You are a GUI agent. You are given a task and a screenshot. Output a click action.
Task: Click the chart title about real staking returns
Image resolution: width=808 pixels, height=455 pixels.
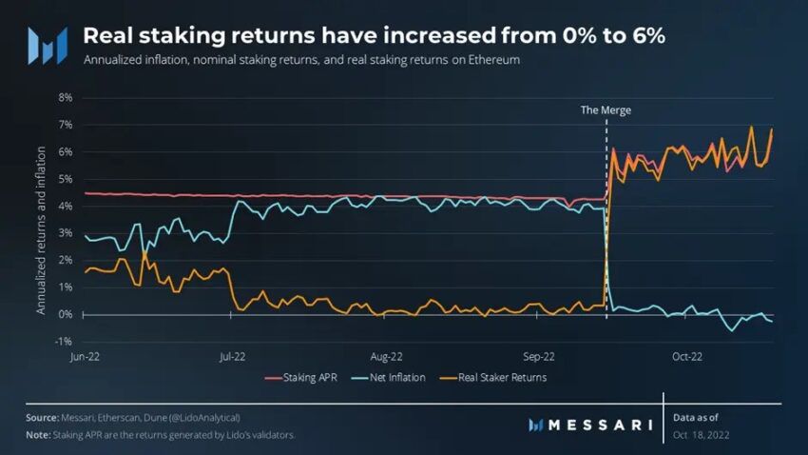(374, 35)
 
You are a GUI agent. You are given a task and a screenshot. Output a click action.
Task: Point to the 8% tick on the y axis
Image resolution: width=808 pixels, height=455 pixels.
(66, 97)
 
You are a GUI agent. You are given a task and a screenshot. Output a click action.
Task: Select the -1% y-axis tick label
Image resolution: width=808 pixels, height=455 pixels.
(65, 341)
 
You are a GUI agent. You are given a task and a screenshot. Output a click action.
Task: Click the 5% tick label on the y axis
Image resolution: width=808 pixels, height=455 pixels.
(66, 178)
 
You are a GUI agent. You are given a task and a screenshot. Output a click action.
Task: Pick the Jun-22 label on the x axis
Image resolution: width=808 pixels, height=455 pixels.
(85, 357)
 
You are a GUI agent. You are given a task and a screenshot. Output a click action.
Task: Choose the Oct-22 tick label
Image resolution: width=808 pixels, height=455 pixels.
(687, 357)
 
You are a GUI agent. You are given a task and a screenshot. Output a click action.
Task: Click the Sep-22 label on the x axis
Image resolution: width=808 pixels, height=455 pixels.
(538, 357)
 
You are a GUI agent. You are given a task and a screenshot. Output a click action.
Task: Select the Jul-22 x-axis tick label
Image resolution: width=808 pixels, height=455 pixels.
(233, 357)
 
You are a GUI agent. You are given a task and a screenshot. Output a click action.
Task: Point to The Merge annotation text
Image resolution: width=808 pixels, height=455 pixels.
(606, 110)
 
